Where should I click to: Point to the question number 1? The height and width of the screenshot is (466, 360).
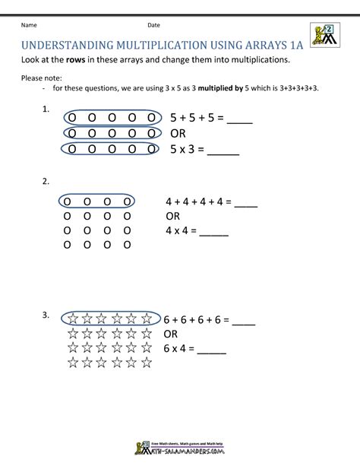point(46,110)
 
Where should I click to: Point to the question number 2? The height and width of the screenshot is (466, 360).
point(46,182)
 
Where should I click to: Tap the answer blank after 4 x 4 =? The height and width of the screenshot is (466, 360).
point(215,230)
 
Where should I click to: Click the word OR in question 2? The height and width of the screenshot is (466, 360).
point(173,216)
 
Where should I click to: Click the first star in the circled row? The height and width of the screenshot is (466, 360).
point(74,319)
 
